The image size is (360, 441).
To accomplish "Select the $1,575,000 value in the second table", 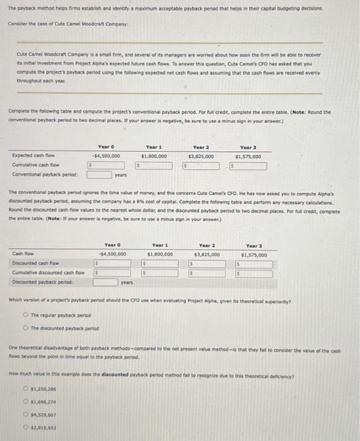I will [253, 255].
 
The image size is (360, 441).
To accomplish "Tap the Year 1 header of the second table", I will [160, 246].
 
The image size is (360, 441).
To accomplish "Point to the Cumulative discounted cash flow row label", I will [40, 273].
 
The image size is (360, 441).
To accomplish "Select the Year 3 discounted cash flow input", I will [253, 264].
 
